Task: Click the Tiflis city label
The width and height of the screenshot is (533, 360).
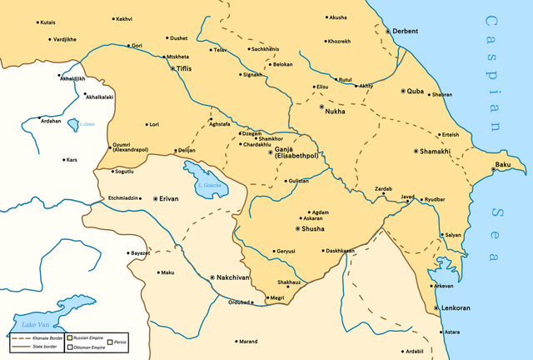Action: coord(185,67)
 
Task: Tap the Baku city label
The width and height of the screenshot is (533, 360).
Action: coord(503,166)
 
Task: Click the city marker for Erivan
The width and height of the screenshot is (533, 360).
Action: coord(155,198)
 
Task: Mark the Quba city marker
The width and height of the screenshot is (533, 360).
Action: coord(403,91)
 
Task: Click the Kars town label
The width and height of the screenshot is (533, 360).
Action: coord(72,159)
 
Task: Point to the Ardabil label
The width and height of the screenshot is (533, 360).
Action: coord(414,351)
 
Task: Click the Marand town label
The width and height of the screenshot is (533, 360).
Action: coord(249,341)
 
